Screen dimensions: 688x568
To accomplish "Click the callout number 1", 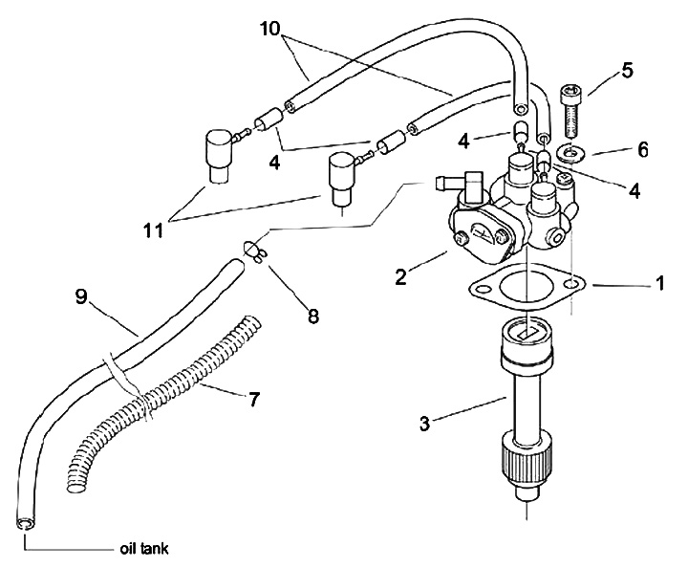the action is click(659, 283).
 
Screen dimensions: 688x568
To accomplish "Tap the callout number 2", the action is click(400, 278).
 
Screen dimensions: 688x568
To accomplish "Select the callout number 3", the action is click(424, 424).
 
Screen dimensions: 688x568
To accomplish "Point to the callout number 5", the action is click(628, 71).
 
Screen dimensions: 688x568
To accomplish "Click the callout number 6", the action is click(642, 150).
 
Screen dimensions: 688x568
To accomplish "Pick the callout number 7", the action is click(254, 400).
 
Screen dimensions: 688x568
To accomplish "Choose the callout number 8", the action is click(312, 317).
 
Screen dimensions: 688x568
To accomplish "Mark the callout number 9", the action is click(81, 297).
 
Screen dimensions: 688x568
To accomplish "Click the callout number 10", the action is click(269, 29).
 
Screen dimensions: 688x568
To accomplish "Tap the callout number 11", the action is click(153, 230).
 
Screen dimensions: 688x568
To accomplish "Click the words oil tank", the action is click(144, 549).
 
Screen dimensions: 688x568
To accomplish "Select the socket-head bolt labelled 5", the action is click(570, 111).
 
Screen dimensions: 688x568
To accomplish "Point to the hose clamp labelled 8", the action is click(254, 251).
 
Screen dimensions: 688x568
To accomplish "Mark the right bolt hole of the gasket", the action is click(571, 284).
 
